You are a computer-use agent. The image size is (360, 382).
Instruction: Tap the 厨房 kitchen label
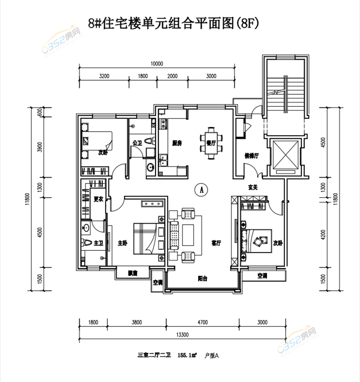tap(177, 143)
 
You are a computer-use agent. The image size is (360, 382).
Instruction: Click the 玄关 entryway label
tap(252, 187)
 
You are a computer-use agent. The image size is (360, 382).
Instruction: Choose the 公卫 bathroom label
tap(137, 143)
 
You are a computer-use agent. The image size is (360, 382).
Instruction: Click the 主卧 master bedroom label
tap(122, 243)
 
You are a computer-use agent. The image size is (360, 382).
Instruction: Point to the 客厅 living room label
tap(216, 243)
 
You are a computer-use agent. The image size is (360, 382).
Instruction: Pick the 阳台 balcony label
tap(202, 278)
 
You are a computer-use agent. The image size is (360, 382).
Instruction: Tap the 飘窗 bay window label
tap(132, 274)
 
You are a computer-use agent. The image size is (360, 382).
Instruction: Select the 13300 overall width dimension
tap(183, 334)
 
